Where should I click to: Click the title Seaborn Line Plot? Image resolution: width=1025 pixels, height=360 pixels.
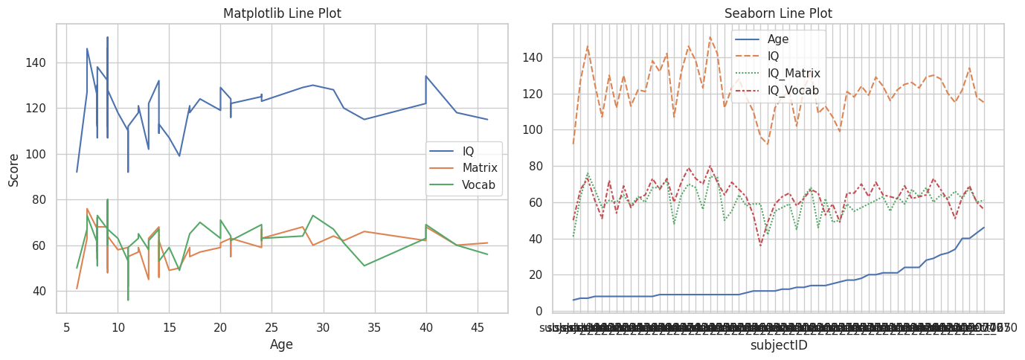pos(778,13)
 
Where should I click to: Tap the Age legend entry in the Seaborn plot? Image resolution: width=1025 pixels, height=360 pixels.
pos(778,39)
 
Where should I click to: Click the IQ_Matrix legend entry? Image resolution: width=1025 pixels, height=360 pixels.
pos(794,73)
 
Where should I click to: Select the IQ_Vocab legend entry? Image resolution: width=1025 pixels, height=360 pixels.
pos(793,90)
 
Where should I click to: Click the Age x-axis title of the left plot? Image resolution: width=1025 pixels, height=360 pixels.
pos(281,344)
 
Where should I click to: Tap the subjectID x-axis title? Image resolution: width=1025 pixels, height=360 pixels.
pos(778,345)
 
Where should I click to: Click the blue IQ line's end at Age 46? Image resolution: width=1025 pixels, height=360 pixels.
pos(487,120)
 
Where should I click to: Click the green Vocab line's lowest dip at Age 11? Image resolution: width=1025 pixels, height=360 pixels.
pos(128,300)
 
